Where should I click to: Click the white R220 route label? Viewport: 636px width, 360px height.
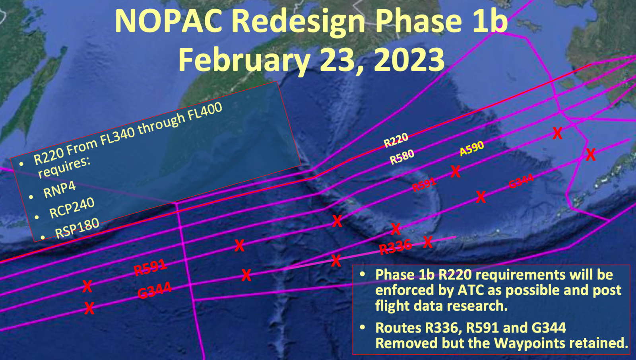pos(396,140)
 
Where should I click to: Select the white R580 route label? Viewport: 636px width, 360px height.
pos(402,157)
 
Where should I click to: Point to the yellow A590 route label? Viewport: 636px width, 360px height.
pos(472,149)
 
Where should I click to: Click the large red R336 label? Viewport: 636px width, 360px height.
pos(396,247)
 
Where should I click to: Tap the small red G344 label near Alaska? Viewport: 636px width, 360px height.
pos(521,181)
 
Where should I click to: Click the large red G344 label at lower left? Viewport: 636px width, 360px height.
pos(155,290)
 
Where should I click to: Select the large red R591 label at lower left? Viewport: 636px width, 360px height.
pos(150,267)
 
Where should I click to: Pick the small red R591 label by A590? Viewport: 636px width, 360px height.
pos(424,185)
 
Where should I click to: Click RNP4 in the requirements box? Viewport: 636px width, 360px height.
pos(59,189)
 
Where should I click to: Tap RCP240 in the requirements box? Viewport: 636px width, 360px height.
pos(72,208)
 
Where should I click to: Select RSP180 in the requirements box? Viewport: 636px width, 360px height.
pos(77,228)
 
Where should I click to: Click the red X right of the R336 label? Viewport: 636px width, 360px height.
pos(428,242)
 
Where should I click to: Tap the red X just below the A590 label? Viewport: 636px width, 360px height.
pos(456,172)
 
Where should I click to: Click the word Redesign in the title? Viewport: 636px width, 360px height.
pos(298,21)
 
